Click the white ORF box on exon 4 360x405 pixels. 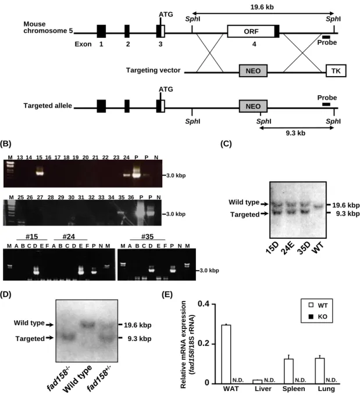point(251,31)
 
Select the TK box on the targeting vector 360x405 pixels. point(336,71)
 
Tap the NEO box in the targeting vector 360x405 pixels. point(253,71)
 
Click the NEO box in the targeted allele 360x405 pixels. point(253,106)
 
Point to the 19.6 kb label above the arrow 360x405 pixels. point(262,7)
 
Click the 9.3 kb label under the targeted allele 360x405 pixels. point(295,133)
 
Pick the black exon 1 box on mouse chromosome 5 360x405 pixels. point(101,31)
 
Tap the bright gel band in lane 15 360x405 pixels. point(40,173)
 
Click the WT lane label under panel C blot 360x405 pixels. point(318,248)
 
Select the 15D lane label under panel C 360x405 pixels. point(272,248)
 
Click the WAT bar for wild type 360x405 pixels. point(226,354)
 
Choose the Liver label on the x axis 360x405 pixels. point(263,389)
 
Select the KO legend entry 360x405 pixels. point(318,317)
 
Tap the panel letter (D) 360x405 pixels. point(6,295)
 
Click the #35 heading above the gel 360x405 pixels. point(147,236)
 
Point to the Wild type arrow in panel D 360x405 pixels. point(49,325)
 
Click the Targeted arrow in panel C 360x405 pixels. point(265,214)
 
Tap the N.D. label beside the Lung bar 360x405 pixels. point(332,380)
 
